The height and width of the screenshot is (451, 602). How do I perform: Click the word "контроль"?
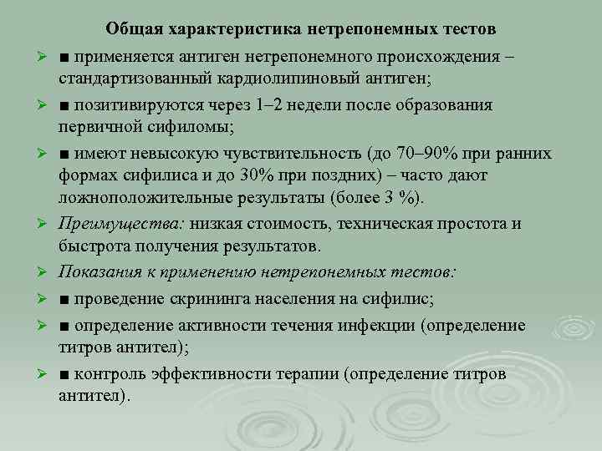pos(106,373)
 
